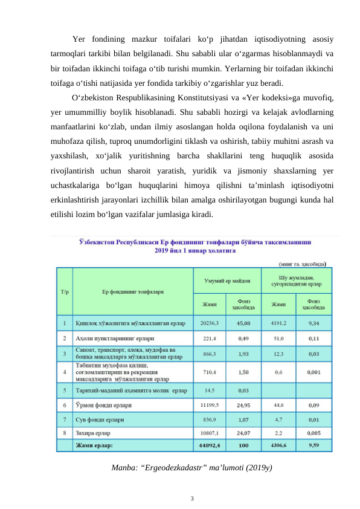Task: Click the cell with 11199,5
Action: [x=210, y=404]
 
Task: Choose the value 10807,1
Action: [x=210, y=433]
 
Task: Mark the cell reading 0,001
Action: [x=313, y=372]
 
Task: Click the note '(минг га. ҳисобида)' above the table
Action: [x=303, y=264]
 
